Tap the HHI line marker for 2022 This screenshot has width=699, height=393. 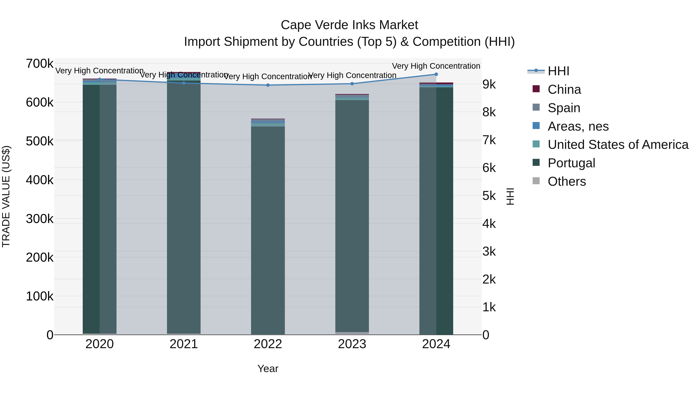(x=268, y=85)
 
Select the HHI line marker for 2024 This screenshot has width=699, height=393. (x=436, y=74)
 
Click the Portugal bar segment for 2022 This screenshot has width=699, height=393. (x=268, y=231)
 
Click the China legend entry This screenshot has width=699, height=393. (x=564, y=89)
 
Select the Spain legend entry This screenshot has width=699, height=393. (x=564, y=108)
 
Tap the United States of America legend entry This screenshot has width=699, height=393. (x=618, y=145)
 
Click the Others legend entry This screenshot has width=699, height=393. (x=566, y=181)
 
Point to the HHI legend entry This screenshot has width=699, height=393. (x=558, y=71)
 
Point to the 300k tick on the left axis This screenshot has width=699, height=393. (x=40, y=219)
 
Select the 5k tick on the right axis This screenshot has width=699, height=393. (x=489, y=196)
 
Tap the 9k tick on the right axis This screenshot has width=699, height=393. (x=489, y=84)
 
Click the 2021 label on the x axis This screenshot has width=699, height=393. (x=184, y=344)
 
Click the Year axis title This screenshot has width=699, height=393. (x=268, y=369)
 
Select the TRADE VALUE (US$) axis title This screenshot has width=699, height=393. (x=6, y=196)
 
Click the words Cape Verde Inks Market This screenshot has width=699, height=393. (x=349, y=25)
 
